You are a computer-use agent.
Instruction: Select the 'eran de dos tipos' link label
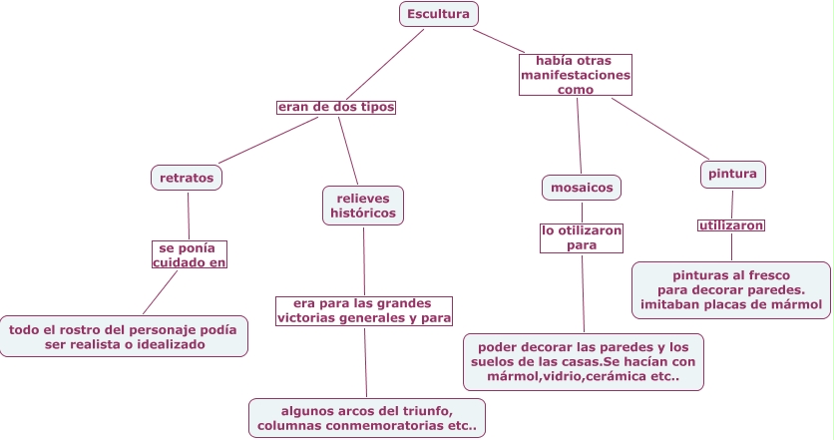pos(336,107)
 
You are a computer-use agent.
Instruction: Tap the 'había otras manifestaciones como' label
pos(576,75)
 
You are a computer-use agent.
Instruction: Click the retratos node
pos(187,178)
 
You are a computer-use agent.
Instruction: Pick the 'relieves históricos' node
pos(363,205)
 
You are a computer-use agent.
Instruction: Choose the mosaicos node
pos(582,187)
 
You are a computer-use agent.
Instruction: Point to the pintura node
pos(732,174)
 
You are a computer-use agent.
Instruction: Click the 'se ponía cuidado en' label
pos(190,254)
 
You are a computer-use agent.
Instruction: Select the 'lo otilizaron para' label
pos(582,237)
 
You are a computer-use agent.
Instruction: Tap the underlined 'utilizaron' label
pos(731,225)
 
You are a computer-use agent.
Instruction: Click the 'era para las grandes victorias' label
pos(364,310)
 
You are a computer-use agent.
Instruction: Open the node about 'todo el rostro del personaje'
pos(123,336)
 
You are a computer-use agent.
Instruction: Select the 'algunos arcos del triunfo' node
pos(367,418)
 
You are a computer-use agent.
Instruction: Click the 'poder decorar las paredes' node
pos(584,361)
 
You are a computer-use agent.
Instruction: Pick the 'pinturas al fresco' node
pos(731,289)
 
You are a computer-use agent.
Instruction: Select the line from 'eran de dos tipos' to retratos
pos(267,141)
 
